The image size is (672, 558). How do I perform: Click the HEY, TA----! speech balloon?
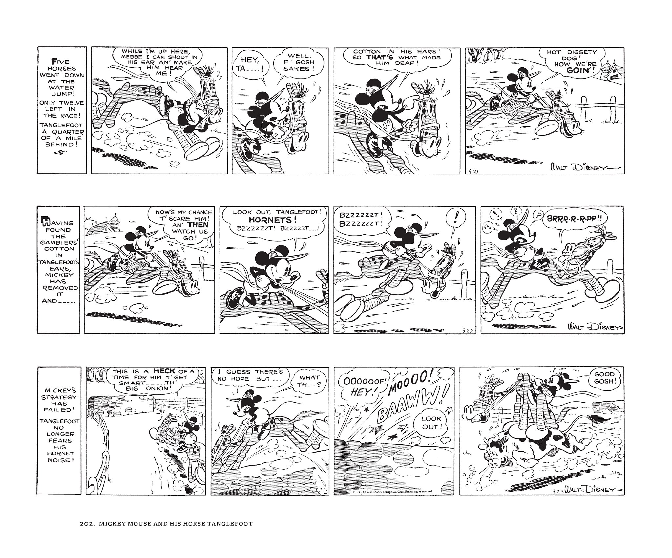[x=249, y=65]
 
